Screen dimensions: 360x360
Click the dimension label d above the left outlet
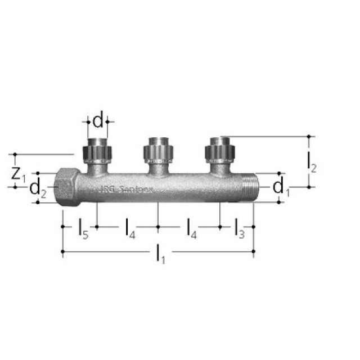(98, 121)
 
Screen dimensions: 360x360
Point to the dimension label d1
(280, 187)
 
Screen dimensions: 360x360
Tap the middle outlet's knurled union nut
(158, 151)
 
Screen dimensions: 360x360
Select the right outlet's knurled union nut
(219, 151)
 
